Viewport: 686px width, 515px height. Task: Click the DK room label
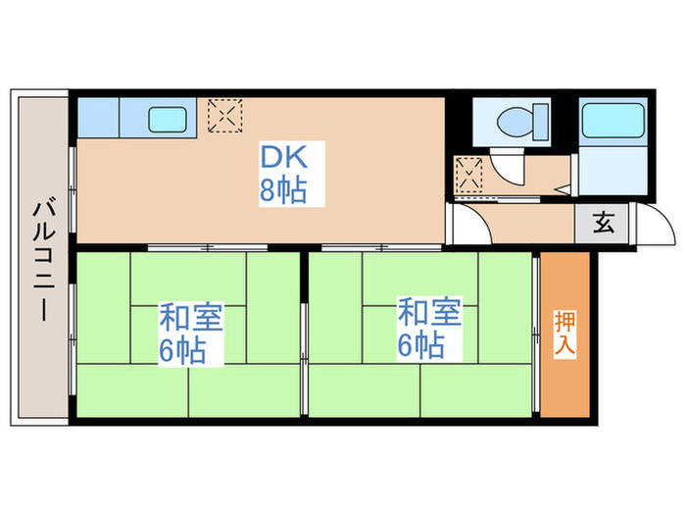pyautogui.click(x=282, y=157)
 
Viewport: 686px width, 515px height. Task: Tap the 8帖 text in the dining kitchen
pyautogui.click(x=282, y=191)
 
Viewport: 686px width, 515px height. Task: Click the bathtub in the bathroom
pyautogui.click(x=612, y=123)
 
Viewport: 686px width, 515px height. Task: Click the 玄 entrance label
pyautogui.click(x=604, y=223)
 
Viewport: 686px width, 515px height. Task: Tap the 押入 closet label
pyautogui.click(x=565, y=334)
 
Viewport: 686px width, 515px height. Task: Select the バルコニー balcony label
pyautogui.click(x=41, y=257)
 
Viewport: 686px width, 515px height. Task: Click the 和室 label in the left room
pyautogui.click(x=191, y=319)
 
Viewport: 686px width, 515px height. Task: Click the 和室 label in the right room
pyautogui.click(x=427, y=314)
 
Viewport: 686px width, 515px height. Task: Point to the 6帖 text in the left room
pyautogui.click(x=183, y=351)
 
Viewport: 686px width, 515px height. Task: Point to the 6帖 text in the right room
pyautogui.click(x=420, y=345)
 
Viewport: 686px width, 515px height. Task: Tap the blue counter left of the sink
pyautogui.click(x=98, y=118)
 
